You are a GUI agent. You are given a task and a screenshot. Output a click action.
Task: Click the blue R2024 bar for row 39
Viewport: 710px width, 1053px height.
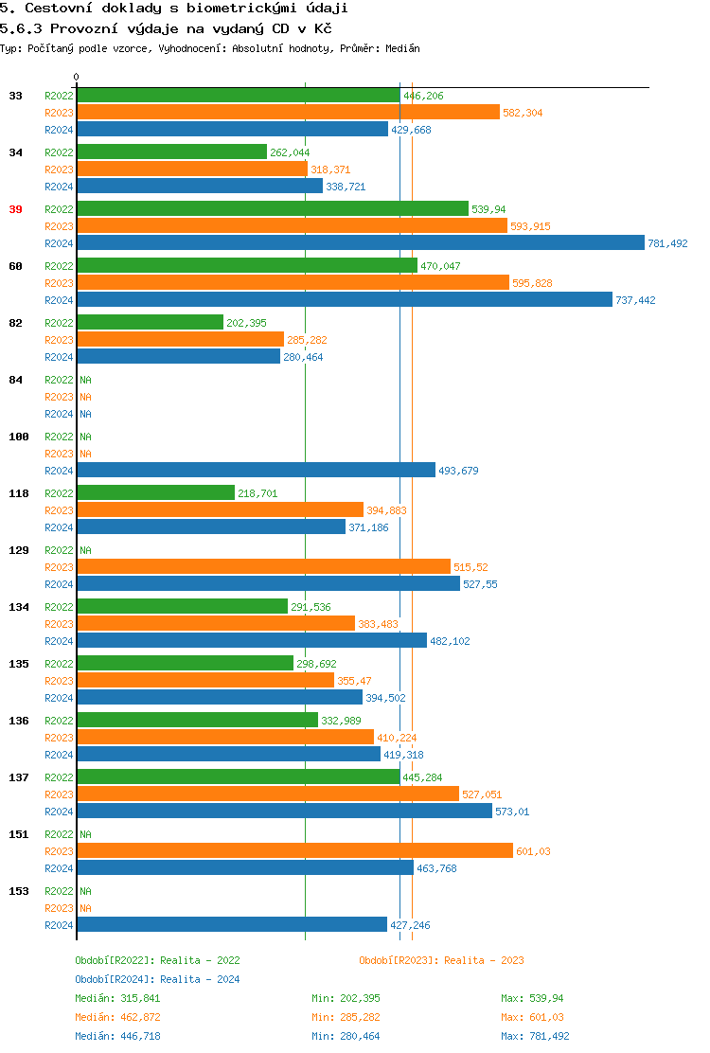[x=360, y=243]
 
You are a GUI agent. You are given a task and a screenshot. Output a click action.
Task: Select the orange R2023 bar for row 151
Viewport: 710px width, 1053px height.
[x=294, y=851]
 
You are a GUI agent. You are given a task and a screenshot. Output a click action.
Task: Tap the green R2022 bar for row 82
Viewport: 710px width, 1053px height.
[x=150, y=323]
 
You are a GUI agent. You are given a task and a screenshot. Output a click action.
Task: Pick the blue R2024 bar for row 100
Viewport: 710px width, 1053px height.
[x=256, y=471]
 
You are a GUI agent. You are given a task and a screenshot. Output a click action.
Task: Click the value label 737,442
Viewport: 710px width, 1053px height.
[x=635, y=300]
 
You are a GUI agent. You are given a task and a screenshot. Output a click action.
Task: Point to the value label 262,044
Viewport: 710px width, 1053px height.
[x=290, y=152]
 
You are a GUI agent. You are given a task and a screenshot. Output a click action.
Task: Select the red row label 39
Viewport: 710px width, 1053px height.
[x=15, y=209]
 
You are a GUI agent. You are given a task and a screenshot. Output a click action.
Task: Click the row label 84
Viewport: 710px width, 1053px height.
[x=15, y=380]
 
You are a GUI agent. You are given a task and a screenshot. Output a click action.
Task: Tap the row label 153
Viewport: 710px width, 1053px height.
[x=19, y=891]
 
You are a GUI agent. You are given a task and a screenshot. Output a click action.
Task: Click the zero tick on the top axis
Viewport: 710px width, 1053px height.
[x=77, y=77]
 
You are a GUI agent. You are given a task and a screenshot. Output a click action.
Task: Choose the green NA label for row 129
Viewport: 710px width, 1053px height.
[x=85, y=550]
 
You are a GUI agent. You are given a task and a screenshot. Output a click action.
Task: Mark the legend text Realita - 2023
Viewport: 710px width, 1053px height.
[x=484, y=960]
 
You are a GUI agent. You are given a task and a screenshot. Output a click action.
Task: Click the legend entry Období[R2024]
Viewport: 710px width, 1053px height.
[x=115, y=979]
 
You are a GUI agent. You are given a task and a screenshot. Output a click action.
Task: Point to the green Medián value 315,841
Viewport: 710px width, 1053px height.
[x=142, y=998]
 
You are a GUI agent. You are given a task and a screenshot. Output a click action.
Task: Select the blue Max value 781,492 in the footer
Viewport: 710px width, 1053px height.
[x=550, y=1036]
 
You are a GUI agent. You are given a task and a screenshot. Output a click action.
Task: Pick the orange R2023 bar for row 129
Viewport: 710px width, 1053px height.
[x=263, y=567]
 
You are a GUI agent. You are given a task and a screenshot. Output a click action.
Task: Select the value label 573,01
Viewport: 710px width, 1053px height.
[x=512, y=812]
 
